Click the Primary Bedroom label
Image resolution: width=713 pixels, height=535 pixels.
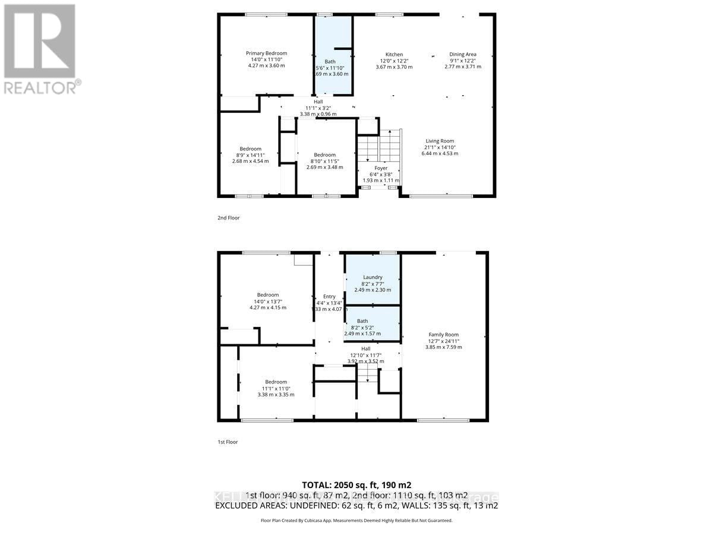[x=266, y=53]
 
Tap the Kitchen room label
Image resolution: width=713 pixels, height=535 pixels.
[x=394, y=54]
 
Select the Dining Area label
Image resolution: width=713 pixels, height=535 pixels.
[x=462, y=54]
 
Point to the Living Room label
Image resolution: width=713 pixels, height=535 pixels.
[x=440, y=141]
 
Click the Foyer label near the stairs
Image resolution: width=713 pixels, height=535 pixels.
[x=381, y=168]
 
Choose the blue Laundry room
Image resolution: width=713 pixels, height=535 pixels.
[x=373, y=279]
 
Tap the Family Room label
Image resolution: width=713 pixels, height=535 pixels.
[x=443, y=335]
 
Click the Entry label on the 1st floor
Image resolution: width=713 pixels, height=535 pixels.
[x=329, y=297]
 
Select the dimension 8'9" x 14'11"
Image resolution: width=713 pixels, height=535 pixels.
[x=250, y=155]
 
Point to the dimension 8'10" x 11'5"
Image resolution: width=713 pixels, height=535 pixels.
[x=324, y=160]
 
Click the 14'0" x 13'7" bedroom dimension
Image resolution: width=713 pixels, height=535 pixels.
[x=267, y=301]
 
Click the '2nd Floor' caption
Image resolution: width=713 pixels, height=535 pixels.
[x=228, y=218]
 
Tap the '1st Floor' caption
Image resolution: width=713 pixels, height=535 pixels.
[x=228, y=442]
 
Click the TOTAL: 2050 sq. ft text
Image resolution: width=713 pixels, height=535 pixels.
[x=356, y=484]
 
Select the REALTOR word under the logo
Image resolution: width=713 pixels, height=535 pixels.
[x=40, y=87]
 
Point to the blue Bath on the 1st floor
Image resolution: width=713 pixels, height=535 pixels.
[x=372, y=324]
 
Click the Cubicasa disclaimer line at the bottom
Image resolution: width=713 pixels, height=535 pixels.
[x=356, y=520]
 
